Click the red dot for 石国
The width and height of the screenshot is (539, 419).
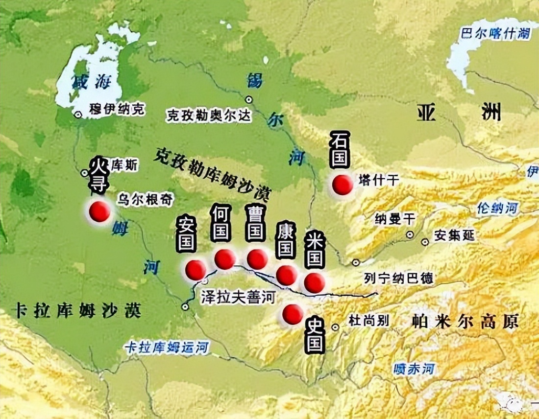coord(342,185)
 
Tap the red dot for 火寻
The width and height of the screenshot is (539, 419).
coord(99,212)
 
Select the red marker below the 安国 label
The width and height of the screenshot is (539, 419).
coord(196,270)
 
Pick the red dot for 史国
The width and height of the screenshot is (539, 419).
coord(293,314)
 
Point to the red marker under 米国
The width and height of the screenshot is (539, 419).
coord(314,283)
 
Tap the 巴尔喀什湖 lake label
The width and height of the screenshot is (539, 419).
coord(496,33)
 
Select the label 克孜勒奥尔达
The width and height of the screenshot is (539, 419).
coord(209,116)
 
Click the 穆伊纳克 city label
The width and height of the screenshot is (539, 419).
coord(117,110)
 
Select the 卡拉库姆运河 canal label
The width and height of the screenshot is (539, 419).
coord(167,348)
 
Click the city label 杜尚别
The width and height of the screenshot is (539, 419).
coord(368,321)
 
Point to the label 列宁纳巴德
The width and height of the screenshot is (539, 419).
coord(398,278)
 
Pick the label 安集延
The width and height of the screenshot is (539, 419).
coord(455,236)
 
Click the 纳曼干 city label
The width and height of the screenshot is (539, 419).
coord(394,218)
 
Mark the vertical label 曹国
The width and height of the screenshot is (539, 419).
coord(255,223)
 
